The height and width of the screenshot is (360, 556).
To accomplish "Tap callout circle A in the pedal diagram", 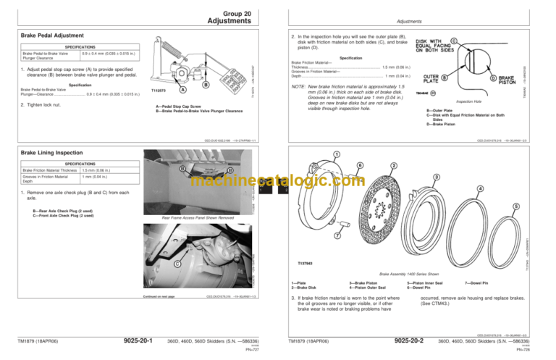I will [182, 90].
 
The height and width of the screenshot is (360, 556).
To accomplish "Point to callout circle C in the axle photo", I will [157, 264].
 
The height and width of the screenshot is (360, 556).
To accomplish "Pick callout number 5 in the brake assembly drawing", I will [515, 206].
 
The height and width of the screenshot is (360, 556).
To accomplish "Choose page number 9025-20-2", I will [409, 340].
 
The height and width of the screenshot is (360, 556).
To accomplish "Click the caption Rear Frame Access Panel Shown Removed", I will [198, 217].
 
